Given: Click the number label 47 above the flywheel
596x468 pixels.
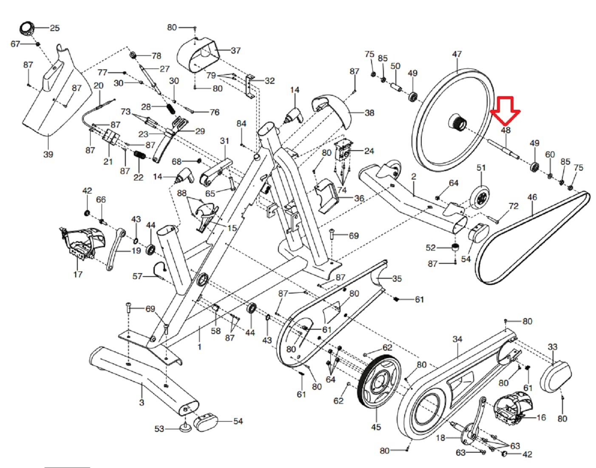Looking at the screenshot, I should click(457, 54).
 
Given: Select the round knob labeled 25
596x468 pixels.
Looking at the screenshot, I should click(27, 30).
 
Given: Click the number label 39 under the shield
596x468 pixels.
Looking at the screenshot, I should click(48, 154).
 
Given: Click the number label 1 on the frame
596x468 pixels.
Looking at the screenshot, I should click(199, 347).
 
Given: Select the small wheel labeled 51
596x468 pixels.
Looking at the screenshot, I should click(480, 197).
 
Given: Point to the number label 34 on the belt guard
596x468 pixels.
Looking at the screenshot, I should click(457, 339).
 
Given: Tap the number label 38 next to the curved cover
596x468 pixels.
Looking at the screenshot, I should click(369, 113).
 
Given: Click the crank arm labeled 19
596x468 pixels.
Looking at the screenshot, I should click(114, 250).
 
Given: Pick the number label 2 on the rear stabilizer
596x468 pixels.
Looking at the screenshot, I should click(413, 177).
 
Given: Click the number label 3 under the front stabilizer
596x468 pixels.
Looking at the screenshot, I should click(142, 402).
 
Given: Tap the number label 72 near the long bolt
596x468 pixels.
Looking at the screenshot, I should click(514, 206).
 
